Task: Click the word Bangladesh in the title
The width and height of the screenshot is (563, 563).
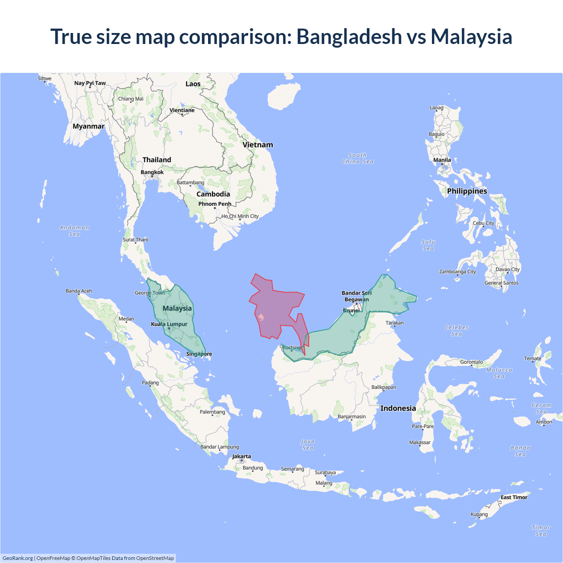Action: (349, 37)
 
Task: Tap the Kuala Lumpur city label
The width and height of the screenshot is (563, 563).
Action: (169, 324)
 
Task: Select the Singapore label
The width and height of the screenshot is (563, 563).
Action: (199, 354)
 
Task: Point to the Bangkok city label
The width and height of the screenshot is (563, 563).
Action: (152, 172)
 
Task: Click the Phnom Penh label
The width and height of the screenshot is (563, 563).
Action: (215, 204)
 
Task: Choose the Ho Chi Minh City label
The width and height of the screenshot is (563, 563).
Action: (240, 216)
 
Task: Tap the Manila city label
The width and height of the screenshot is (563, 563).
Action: (442, 160)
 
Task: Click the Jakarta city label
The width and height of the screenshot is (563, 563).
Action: (241, 456)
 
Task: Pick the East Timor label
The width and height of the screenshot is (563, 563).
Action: (514, 497)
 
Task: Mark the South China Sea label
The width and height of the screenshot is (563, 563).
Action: (358, 158)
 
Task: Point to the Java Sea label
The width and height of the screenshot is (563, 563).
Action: (308, 445)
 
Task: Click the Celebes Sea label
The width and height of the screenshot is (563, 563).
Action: (457, 330)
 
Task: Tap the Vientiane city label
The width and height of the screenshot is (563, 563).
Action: (182, 110)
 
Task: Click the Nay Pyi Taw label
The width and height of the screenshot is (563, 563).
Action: (90, 83)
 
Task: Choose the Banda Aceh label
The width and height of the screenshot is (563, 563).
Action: (79, 291)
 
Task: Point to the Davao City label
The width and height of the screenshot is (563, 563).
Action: (508, 269)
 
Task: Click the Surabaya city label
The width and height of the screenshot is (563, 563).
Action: (325, 472)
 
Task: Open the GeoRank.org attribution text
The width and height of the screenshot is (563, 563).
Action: (18, 558)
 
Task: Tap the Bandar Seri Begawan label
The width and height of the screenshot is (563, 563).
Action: (356, 296)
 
